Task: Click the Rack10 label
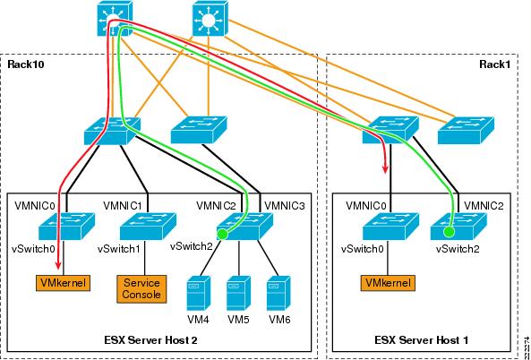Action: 26,64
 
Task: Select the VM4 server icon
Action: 199,293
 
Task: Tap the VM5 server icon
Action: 239,293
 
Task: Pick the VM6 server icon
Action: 278,293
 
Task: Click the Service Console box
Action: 141,288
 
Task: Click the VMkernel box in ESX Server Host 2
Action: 63,283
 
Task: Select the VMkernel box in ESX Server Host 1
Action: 388,283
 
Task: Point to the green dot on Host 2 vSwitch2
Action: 222,234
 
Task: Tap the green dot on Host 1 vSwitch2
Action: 449,231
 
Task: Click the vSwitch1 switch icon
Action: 148,227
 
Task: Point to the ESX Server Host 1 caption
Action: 422,339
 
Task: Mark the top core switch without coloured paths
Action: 210,19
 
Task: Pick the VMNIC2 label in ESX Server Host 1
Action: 484,205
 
